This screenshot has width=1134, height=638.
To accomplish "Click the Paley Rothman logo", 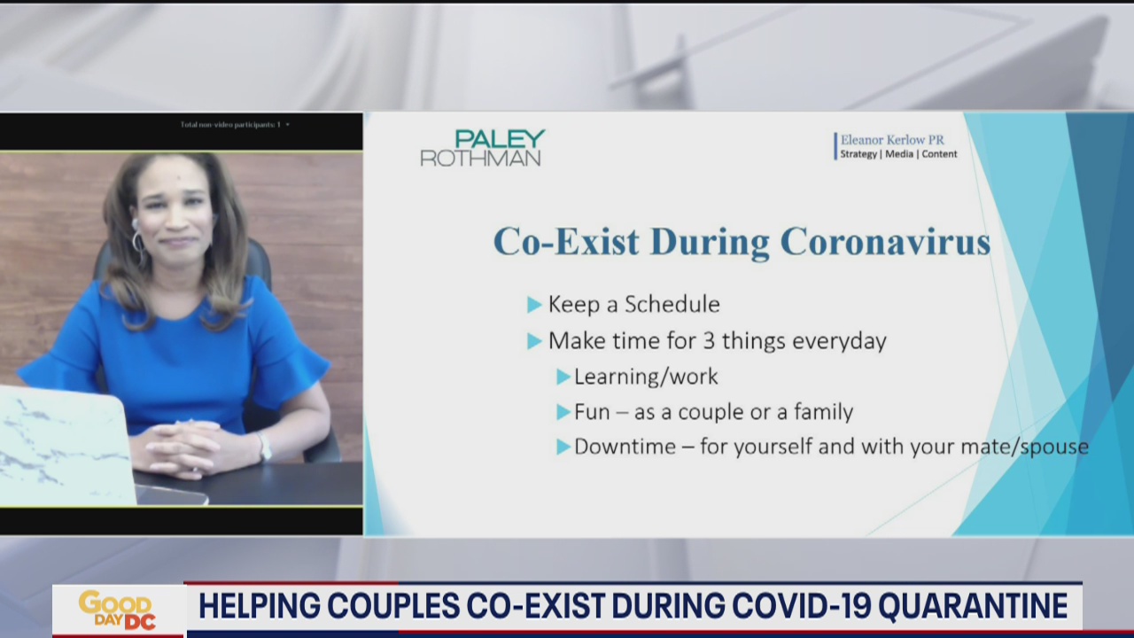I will tap(482, 148).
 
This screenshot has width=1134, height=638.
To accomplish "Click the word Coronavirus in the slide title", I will tap(885, 242).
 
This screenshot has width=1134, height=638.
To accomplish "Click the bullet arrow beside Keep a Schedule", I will tap(534, 305).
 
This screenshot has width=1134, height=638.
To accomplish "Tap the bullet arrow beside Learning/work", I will tap(563, 377).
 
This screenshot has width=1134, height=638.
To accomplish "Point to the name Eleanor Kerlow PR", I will tap(891, 140).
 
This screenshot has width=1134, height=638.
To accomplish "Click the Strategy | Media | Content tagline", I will tap(898, 154).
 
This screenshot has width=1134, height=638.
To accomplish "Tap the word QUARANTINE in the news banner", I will tap(979, 606).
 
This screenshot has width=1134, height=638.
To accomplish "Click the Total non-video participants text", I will tap(230, 125).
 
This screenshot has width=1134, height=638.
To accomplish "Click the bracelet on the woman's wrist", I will tap(263, 445).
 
